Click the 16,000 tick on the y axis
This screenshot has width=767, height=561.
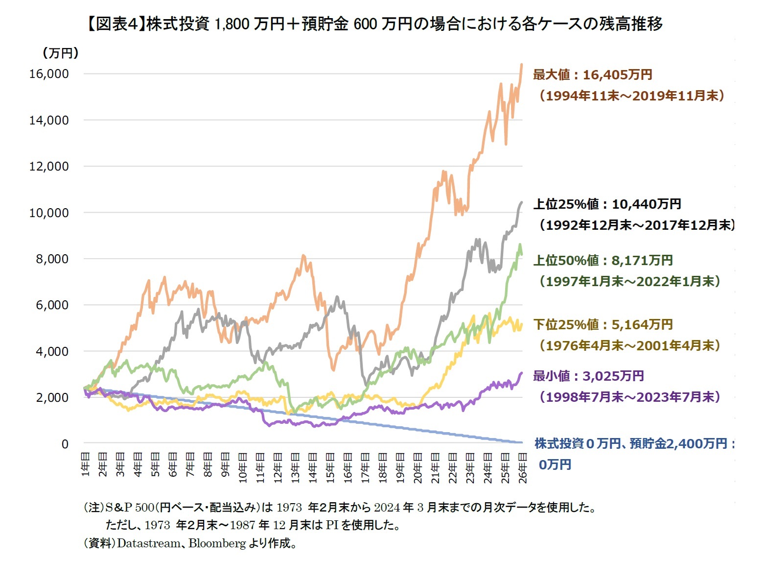click(x=49, y=74)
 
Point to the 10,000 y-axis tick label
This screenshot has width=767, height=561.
click(x=49, y=213)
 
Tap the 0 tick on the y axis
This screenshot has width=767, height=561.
click(x=65, y=444)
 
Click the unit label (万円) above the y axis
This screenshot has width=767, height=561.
click(x=61, y=53)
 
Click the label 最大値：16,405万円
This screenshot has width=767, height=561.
click(x=592, y=75)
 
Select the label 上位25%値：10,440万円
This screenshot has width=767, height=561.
click(x=607, y=204)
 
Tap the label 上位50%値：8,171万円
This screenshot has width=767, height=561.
click(x=603, y=260)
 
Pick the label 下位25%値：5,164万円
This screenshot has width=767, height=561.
click(x=603, y=324)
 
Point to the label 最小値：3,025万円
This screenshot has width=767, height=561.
click(x=588, y=376)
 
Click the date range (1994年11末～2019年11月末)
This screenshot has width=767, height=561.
click(x=631, y=96)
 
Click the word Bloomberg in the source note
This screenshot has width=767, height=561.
click(x=217, y=543)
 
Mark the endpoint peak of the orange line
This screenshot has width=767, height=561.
click(x=522, y=64)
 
